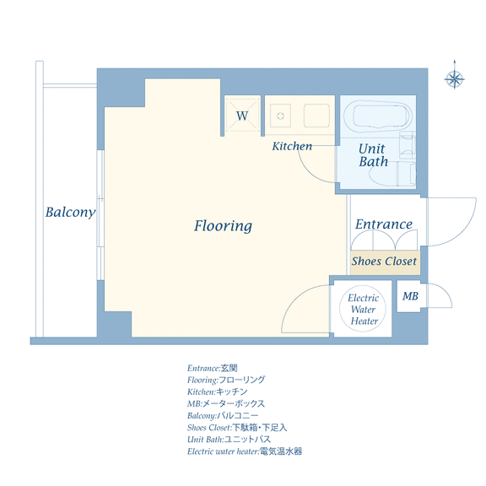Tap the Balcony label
[70, 213]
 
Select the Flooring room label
[223, 225]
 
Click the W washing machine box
[242, 116]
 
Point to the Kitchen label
[292, 146]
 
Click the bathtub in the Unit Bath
[378, 116]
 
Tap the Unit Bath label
[373, 155]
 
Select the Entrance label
[384, 224]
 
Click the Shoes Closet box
[385, 262]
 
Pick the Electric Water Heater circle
[363, 309]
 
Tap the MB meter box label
[410, 296]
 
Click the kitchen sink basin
[316, 116]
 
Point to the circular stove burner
[280, 116]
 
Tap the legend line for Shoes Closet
[237, 428]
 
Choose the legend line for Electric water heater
[245, 451]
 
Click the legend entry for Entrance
[213, 368]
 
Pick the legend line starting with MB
[226, 404]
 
